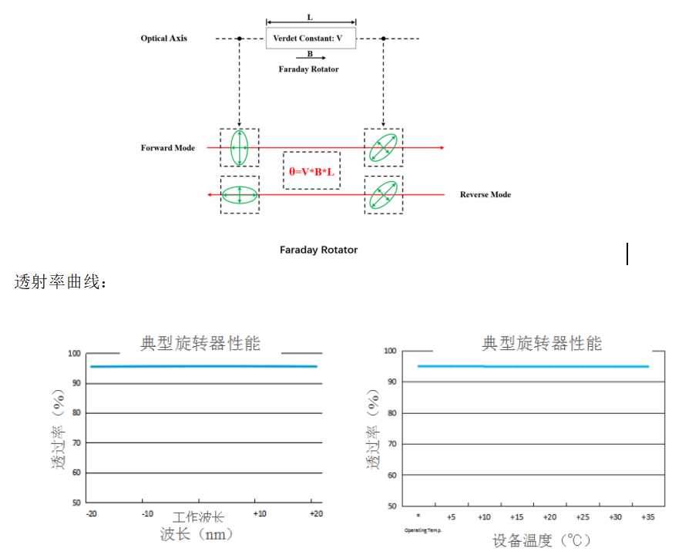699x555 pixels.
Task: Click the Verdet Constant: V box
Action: pyautogui.click(x=311, y=38)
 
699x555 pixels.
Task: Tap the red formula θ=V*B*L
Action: pyautogui.click(x=311, y=172)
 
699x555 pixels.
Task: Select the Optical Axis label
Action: pyautogui.click(x=163, y=38)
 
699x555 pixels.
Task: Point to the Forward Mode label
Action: pyautogui.click(x=168, y=147)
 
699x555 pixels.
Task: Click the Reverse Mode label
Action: pyautogui.click(x=486, y=194)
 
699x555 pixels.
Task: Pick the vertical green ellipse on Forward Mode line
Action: pyautogui.click(x=240, y=147)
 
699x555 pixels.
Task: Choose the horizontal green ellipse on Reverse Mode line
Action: pyautogui.click(x=240, y=194)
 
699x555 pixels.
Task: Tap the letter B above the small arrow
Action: pyautogui.click(x=310, y=54)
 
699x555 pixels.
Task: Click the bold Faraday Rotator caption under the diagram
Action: pyautogui.click(x=318, y=250)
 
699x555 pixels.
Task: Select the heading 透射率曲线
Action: pyautogui.click(x=61, y=282)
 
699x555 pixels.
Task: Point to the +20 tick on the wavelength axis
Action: pyautogui.click(x=315, y=514)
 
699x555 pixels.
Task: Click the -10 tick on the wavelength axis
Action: pyautogui.click(x=147, y=514)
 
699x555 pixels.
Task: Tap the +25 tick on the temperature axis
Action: pyautogui.click(x=583, y=517)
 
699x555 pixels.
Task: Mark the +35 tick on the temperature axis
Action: pyautogui.click(x=649, y=517)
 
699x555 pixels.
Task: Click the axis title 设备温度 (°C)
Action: pyautogui.click(x=542, y=540)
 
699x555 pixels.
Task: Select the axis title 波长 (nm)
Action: pyautogui.click(x=197, y=533)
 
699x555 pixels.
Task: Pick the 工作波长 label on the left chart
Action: pyautogui.click(x=198, y=516)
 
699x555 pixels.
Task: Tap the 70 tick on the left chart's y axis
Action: pyautogui.click(x=76, y=443)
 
